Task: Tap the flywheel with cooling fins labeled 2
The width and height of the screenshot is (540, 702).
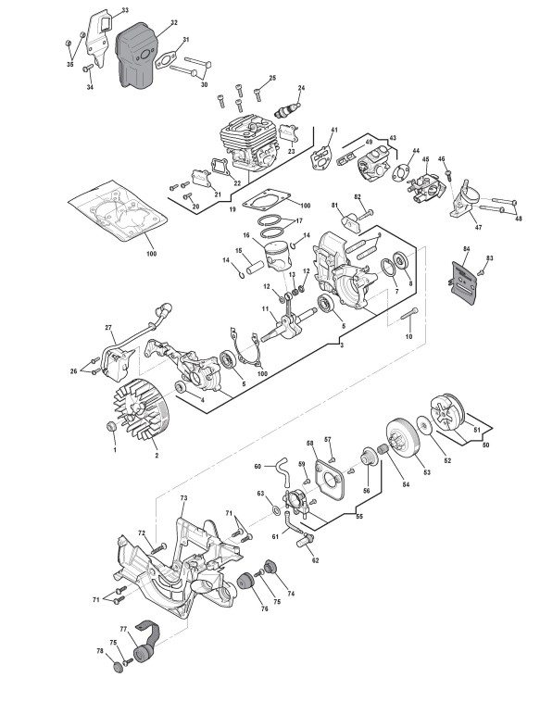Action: (137, 409)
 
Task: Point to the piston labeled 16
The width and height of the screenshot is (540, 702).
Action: (279, 253)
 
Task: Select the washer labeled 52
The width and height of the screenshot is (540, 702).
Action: (423, 424)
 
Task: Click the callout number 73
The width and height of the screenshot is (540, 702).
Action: (183, 498)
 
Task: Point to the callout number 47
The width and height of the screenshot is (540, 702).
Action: (478, 228)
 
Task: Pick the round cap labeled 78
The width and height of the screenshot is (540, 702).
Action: (119, 667)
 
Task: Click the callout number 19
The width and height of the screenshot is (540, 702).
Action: (232, 209)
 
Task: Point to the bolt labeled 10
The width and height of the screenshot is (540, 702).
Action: (409, 313)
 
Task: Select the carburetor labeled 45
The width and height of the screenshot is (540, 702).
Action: (424, 186)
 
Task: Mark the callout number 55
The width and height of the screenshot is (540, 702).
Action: (359, 516)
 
